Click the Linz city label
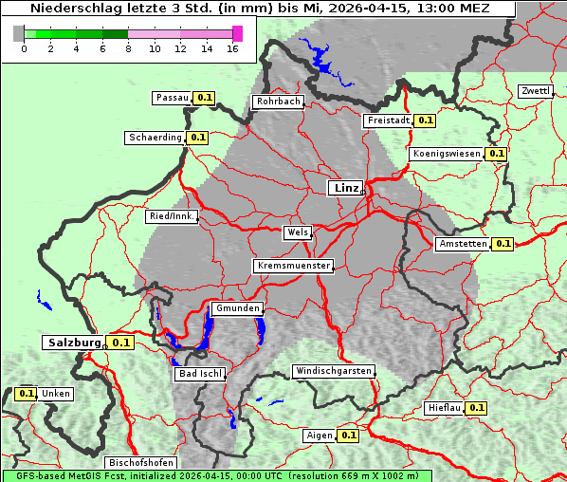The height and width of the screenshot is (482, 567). point(345,188)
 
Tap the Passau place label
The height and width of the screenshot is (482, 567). point(172,98)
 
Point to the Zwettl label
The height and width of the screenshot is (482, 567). point(535,91)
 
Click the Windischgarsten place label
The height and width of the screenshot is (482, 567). point(333,371)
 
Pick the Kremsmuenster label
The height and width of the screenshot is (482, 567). point(293,266)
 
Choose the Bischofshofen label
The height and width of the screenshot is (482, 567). point(140,463)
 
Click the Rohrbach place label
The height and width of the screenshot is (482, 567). point(277,102)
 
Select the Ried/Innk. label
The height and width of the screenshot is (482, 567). point(172,216)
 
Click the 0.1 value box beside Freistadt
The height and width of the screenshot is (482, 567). point(425,120)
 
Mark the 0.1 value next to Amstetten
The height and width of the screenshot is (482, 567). point(503,244)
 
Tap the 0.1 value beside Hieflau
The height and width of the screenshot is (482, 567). point(476,408)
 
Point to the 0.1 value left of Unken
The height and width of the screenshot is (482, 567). point(27,393)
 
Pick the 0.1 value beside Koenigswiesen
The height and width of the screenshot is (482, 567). point(496,154)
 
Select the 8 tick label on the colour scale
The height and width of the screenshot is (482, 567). point(128,49)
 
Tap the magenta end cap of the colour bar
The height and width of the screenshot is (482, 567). point(237,33)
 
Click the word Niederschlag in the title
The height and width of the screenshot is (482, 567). point(72,9)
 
